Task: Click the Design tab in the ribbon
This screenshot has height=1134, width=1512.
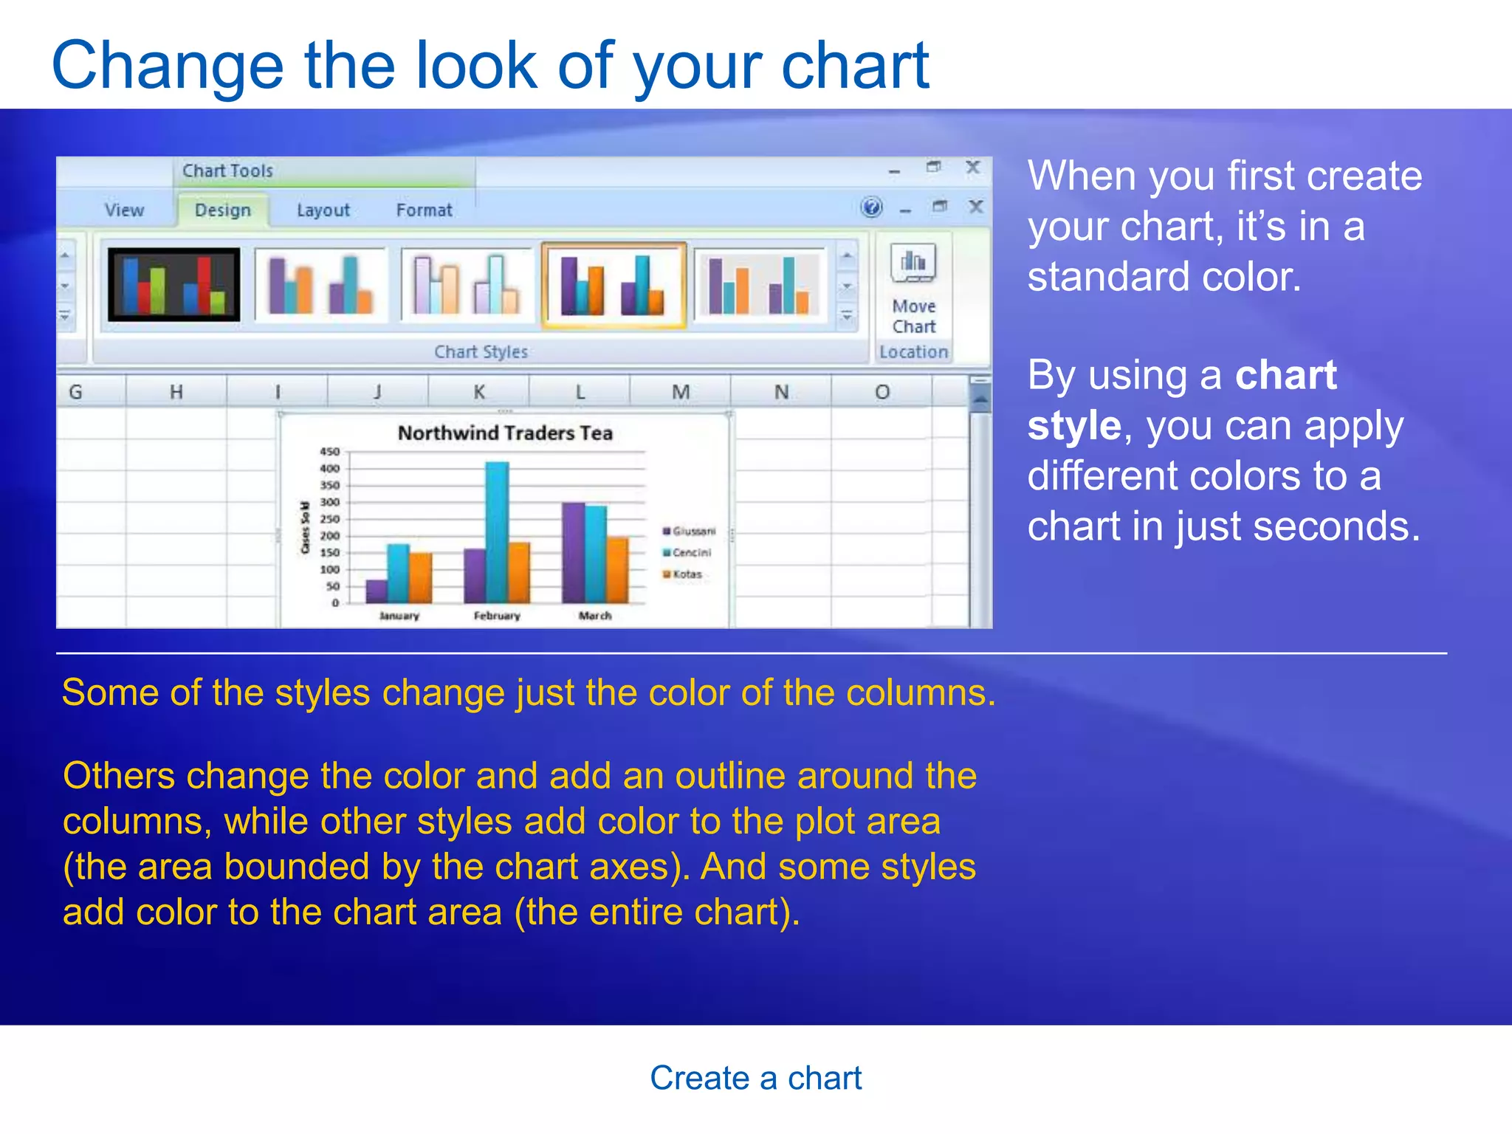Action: (222, 210)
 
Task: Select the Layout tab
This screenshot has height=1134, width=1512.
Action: (323, 210)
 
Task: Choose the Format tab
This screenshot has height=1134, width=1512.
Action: (424, 210)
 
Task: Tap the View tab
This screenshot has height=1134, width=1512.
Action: (124, 210)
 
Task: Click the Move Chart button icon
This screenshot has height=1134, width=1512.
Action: (913, 264)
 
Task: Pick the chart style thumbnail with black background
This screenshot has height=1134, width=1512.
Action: (174, 285)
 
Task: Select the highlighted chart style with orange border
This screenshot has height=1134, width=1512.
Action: (614, 285)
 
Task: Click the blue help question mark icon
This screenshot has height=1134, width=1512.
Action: (871, 207)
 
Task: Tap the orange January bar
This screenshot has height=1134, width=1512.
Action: (421, 577)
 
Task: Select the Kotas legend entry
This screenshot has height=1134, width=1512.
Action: (686, 574)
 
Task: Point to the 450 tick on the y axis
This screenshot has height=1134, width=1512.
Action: (329, 451)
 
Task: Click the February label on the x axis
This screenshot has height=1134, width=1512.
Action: (497, 616)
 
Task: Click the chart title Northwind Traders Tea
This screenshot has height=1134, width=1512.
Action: (505, 433)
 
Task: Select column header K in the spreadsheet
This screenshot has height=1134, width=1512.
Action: (478, 391)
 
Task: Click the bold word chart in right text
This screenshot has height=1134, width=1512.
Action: (1285, 375)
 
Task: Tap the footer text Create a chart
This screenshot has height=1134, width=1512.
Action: (755, 1078)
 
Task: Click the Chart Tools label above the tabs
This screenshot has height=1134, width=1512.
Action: (227, 171)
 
